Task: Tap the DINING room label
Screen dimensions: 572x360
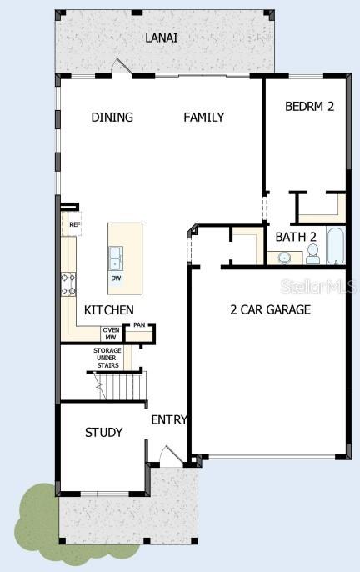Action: pyautogui.click(x=112, y=118)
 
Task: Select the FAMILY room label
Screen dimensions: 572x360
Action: pyautogui.click(x=203, y=118)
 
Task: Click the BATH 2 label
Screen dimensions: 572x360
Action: pyautogui.click(x=296, y=237)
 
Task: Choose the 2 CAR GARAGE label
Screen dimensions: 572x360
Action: pyautogui.click(x=270, y=310)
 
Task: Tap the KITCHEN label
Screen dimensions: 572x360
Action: pyautogui.click(x=108, y=310)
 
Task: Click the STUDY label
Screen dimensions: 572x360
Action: pyautogui.click(x=104, y=433)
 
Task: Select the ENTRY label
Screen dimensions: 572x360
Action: pyautogui.click(x=169, y=420)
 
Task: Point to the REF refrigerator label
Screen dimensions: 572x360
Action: pyautogui.click(x=74, y=224)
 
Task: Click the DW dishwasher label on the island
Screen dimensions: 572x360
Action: pyautogui.click(x=117, y=278)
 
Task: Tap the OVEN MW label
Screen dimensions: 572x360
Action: pyautogui.click(x=111, y=334)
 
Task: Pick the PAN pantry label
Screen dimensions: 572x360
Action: pyautogui.click(x=139, y=325)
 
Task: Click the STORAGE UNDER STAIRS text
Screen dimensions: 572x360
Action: pyautogui.click(x=107, y=358)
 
